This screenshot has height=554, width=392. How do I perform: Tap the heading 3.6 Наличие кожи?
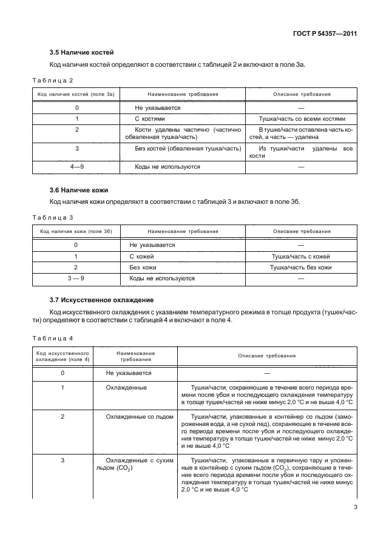78,190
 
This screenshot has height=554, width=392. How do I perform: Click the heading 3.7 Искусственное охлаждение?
101,300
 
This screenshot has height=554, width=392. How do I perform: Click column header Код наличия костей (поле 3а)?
76,95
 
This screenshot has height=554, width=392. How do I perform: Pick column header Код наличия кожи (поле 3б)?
76,232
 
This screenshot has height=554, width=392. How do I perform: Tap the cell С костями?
149,118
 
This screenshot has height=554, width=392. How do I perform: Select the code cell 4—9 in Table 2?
76,166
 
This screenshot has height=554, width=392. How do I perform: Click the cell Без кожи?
143,267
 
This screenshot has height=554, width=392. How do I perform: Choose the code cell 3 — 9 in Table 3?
76,278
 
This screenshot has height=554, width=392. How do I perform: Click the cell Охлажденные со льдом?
138,417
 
